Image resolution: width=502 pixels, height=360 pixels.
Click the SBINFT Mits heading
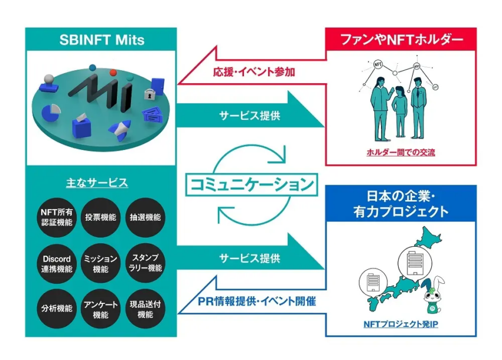click(x=102, y=40)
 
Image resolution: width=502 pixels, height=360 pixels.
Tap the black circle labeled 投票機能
click(x=100, y=217)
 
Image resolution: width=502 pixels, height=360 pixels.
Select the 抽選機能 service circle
click(x=145, y=217)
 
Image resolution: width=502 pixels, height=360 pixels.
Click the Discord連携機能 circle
click(x=57, y=264)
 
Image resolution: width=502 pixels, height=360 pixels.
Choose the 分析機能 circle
click(x=57, y=309)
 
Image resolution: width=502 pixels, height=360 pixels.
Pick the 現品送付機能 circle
click(x=145, y=309)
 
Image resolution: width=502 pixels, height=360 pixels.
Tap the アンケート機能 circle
click(x=100, y=309)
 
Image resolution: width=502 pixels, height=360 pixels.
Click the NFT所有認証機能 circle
click(x=57, y=217)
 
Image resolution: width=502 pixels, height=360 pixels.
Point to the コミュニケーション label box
click(x=252, y=184)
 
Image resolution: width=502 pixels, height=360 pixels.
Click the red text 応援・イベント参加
click(x=254, y=72)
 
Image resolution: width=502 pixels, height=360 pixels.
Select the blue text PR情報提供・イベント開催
click(x=257, y=301)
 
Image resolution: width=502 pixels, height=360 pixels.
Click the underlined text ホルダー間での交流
click(x=401, y=152)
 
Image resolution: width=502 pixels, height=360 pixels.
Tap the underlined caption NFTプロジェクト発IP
click(x=401, y=324)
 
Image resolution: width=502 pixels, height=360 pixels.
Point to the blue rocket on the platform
click(x=120, y=130)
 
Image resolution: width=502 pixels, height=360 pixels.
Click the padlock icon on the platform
click(x=148, y=94)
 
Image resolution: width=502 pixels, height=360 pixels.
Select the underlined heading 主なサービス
click(x=97, y=183)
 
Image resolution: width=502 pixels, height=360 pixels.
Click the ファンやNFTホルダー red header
click(x=401, y=40)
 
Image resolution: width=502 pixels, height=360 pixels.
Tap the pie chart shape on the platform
click(x=51, y=112)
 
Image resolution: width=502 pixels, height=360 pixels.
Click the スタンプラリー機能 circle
click(x=145, y=264)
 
